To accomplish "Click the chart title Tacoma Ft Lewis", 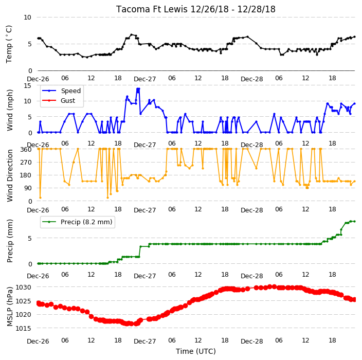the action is (152, 9).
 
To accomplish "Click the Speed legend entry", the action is (61, 91).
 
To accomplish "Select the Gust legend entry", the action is (59, 101).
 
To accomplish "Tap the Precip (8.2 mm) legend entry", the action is (77, 222).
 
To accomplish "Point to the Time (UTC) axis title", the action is (196, 351).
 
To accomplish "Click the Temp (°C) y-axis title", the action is (9, 44).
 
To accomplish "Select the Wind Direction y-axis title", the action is (10, 175).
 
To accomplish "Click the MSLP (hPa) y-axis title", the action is (10, 307).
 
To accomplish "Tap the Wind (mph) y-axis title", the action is (10, 110).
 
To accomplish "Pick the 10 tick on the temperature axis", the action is (27, 17).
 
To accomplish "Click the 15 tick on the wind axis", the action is (27, 86).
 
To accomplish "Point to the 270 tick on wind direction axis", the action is (26, 163).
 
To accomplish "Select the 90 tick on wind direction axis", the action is (28, 188).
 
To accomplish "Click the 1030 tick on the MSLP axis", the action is (23, 287).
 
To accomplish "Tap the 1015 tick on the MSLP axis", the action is (23, 328).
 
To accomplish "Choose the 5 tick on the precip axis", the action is (30, 238).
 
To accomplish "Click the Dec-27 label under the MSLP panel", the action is (145, 341).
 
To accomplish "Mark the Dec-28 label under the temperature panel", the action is (251, 79).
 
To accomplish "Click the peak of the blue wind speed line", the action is (138, 88).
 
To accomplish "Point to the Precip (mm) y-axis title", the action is (10, 241).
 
